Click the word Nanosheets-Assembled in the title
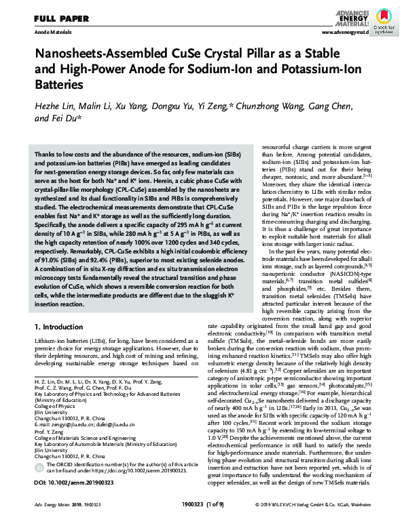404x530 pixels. pos(84,56)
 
